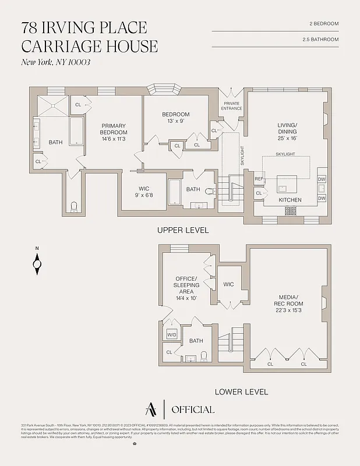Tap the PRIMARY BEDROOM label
click(x=114, y=132)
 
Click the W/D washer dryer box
click(x=172, y=335)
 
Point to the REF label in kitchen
click(x=259, y=179)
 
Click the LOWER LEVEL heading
click(x=241, y=392)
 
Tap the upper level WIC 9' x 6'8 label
click(x=144, y=192)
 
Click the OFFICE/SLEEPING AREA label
click(x=187, y=285)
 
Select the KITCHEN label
click(x=290, y=200)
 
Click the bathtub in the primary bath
click(x=77, y=132)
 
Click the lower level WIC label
click(x=228, y=284)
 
